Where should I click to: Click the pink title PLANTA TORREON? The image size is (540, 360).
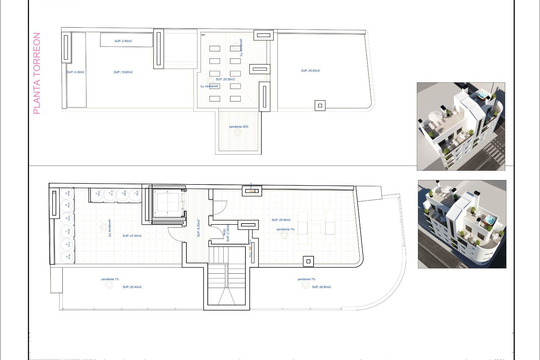pyautogui.click(x=37, y=73)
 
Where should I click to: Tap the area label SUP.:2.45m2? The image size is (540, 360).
pyautogui.click(x=123, y=41)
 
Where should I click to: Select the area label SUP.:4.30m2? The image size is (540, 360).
pyautogui.click(x=75, y=72)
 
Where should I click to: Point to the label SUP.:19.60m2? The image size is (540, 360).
pyautogui.click(x=123, y=72)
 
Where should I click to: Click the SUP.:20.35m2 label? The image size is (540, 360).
pyautogui.click(x=225, y=79)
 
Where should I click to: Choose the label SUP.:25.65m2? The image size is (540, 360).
pyautogui.click(x=310, y=71)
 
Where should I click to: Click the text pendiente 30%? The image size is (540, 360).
pyautogui.click(x=238, y=127)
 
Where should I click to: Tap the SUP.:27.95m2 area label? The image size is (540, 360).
pyautogui.click(x=132, y=236)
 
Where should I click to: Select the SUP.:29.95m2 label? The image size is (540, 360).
pyautogui.click(x=281, y=220)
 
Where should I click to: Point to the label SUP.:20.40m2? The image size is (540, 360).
pyautogui.click(x=132, y=287)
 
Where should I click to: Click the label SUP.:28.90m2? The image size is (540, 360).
pyautogui.click(x=321, y=287)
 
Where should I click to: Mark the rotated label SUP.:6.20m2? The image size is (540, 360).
pyautogui.click(x=199, y=228)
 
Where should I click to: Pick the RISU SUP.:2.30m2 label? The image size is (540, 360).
pyautogui.click(x=226, y=233)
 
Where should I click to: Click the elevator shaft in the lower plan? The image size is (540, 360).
pyautogui.click(x=168, y=202)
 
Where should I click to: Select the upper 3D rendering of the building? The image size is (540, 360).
pyautogui.click(x=461, y=126)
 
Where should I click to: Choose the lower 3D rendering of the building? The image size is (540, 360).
pyautogui.click(x=462, y=224)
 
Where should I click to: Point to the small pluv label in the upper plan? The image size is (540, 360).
pyautogui.click(x=203, y=35)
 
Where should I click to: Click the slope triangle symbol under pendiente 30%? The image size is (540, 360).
pyautogui.click(x=238, y=133)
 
